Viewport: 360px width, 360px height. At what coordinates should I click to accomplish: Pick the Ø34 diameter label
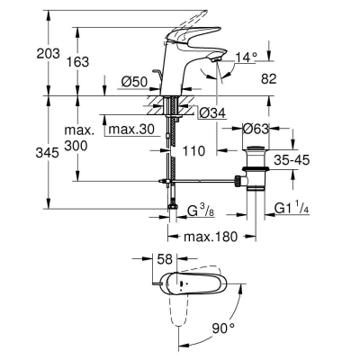(x=210, y=112)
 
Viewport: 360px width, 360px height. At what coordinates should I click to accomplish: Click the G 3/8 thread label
(x=198, y=211)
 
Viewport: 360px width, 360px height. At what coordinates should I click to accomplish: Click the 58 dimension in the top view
(x=165, y=259)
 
